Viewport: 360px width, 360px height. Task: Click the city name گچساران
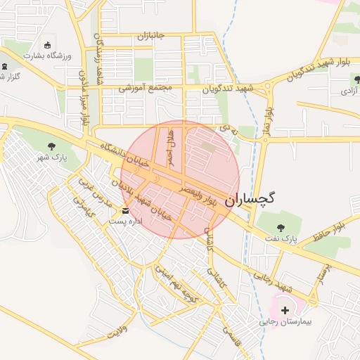click(x=250, y=199)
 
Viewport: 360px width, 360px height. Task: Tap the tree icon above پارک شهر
click(x=52, y=146)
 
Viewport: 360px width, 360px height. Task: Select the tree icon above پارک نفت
click(x=281, y=227)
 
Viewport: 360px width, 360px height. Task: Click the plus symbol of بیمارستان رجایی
click(x=285, y=309)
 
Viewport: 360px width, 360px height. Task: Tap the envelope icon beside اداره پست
click(x=125, y=211)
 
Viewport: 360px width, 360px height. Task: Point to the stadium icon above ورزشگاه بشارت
click(x=47, y=44)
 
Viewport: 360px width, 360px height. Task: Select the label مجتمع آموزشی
click(x=146, y=89)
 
